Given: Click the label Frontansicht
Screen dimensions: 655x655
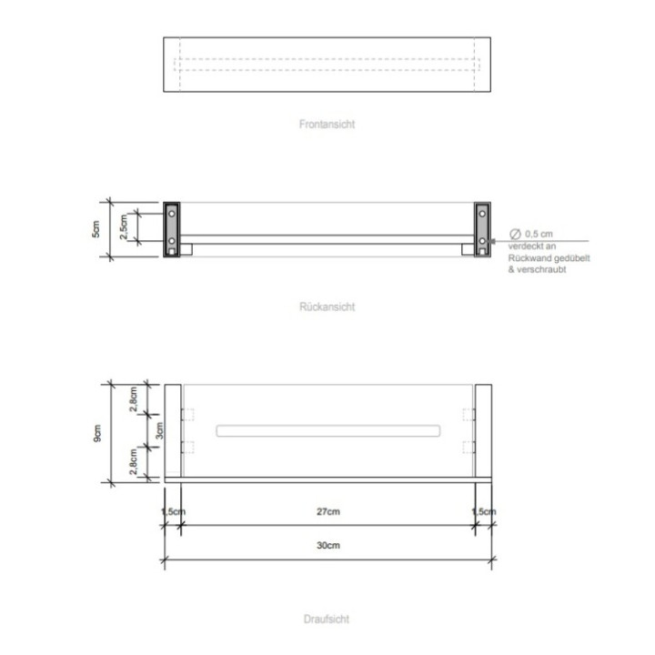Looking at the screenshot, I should [327, 124].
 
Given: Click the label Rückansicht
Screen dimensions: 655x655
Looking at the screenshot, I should [327, 307].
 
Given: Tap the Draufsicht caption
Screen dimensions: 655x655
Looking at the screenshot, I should [327, 620].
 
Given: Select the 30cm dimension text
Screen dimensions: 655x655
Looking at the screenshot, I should [327, 546].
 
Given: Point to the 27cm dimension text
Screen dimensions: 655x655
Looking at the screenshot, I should [327, 512].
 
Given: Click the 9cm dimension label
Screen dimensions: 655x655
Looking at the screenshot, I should [97, 433].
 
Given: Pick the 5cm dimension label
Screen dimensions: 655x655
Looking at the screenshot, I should [97, 229].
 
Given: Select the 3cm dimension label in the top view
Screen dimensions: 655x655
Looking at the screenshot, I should [159, 430].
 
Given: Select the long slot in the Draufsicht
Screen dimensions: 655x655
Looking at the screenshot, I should [327, 430].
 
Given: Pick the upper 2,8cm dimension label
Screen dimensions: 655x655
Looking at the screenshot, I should [134, 400].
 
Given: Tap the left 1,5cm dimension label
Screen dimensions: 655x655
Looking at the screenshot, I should [173, 512].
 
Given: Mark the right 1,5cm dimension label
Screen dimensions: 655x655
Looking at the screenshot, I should [484, 512].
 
